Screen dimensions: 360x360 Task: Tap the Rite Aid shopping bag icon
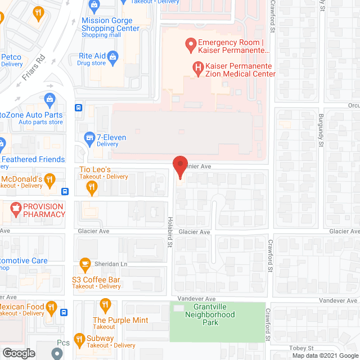coord(113,56)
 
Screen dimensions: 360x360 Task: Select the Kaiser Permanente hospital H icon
coord(198,68)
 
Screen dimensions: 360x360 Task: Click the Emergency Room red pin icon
coord(190,43)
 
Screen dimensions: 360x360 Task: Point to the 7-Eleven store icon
coord(89,137)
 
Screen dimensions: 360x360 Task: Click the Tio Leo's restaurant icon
coord(92,190)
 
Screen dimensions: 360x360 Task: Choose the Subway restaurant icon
coord(76,340)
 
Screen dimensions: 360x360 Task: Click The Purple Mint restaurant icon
coord(105,305)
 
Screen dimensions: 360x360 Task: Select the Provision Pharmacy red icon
coord(15,209)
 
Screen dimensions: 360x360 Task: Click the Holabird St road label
coord(170,231)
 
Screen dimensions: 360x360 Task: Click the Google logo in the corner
coord(18,353)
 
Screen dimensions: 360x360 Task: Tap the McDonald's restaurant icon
coord(50,179)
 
